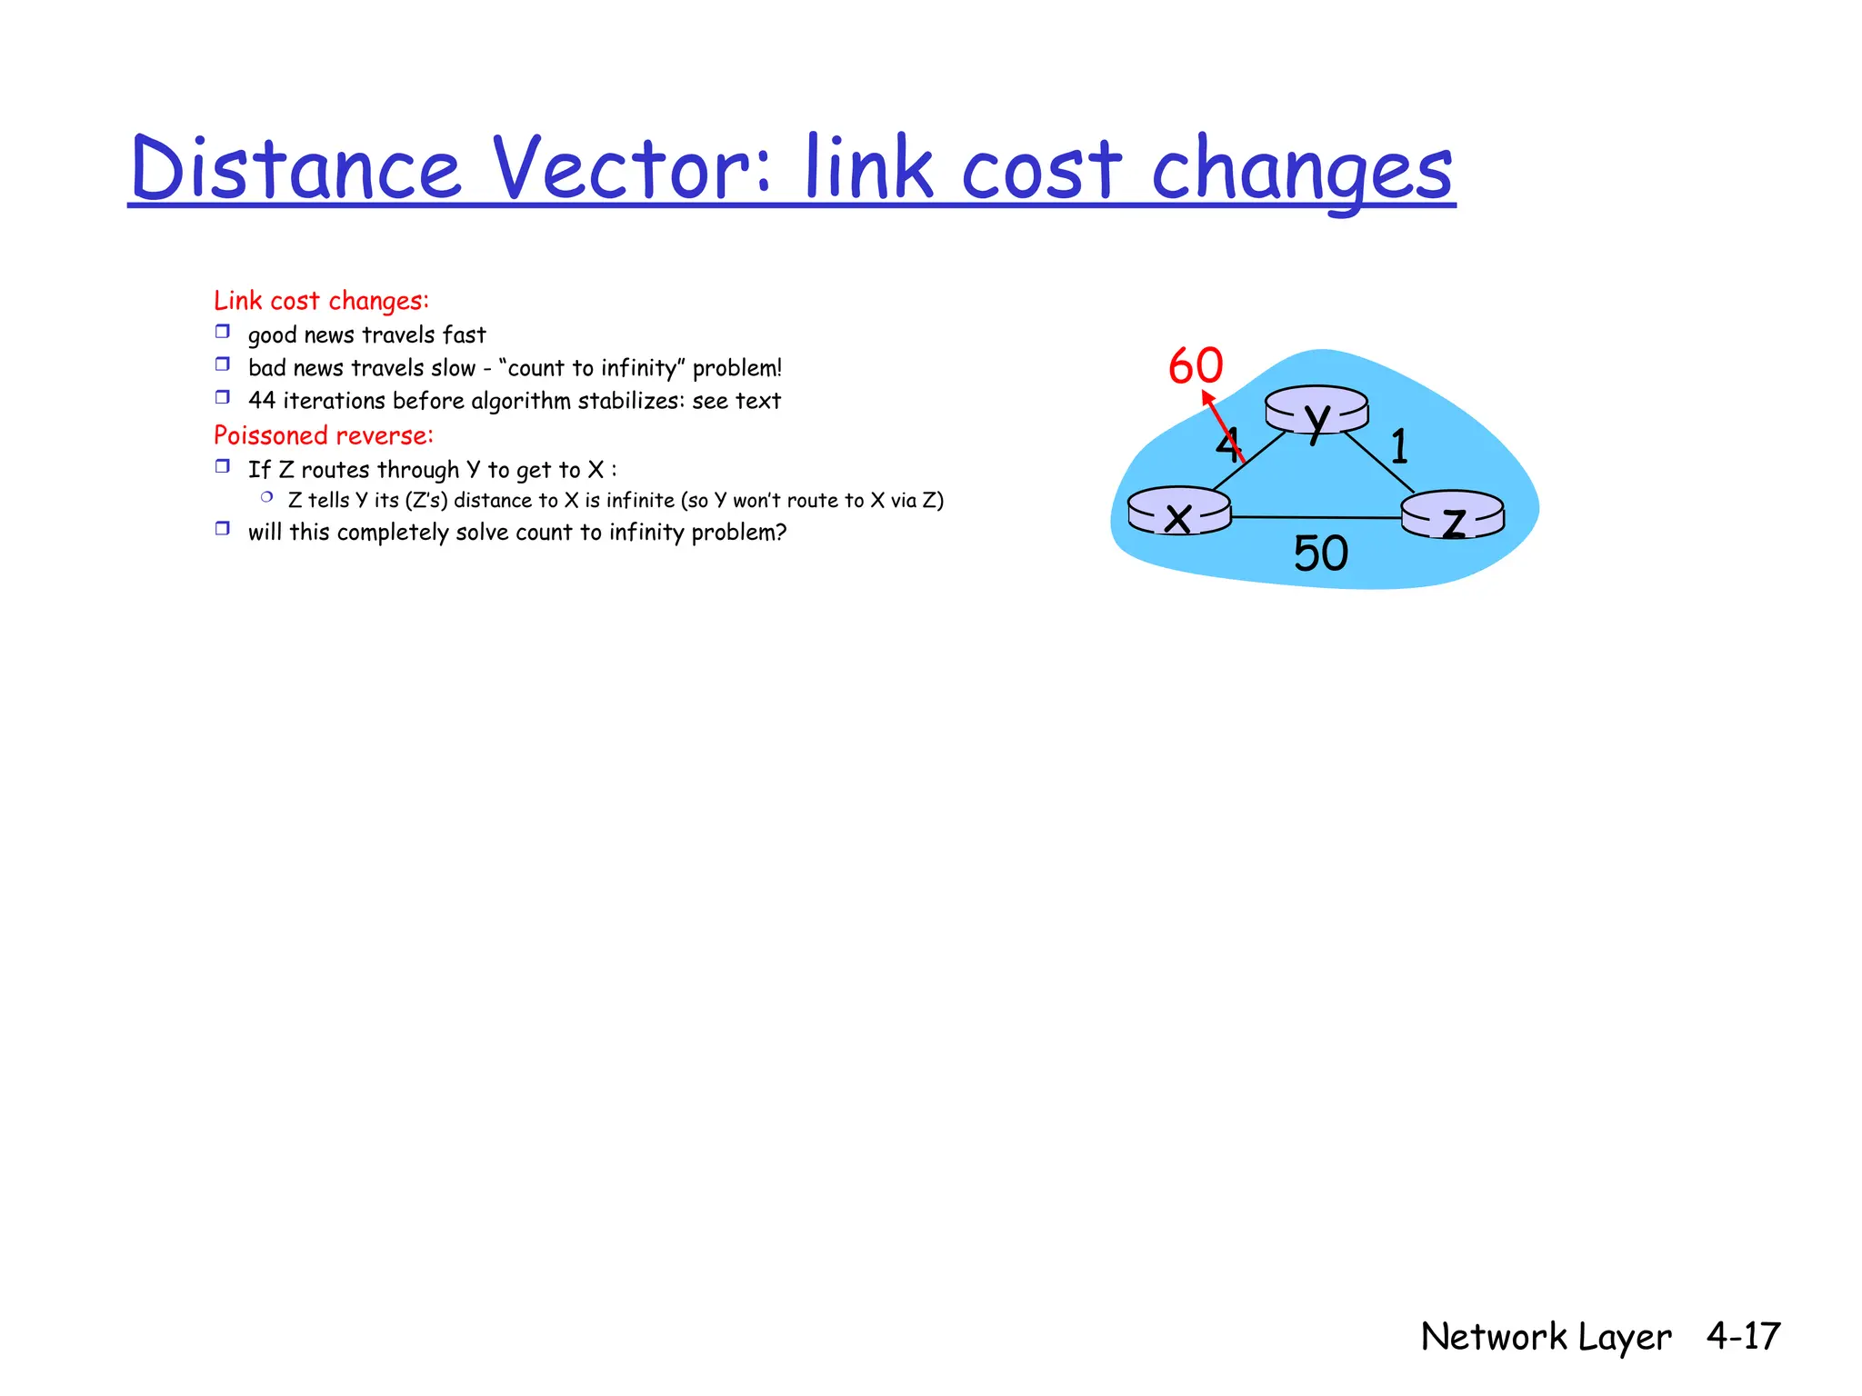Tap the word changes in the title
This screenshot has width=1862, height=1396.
pos(1302,171)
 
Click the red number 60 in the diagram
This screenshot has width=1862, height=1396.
pos(1196,366)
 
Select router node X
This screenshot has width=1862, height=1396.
pos(1179,512)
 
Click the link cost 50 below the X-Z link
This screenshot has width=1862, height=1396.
pos(1320,553)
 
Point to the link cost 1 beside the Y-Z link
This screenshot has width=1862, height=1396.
pos(1399,447)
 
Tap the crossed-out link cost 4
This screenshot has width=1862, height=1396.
pos(1226,445)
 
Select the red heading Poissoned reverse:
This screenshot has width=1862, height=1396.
pos(323,436)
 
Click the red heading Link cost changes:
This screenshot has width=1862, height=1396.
pos(321,301)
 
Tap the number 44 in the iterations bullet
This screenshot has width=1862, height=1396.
pos(262,401)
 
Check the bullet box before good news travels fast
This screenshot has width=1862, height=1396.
pos(223,332)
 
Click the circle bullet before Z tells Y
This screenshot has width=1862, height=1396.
pos(266,497)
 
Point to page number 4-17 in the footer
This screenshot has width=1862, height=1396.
pos(1742,1336)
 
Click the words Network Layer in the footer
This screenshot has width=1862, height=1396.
pos(1546,1337)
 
